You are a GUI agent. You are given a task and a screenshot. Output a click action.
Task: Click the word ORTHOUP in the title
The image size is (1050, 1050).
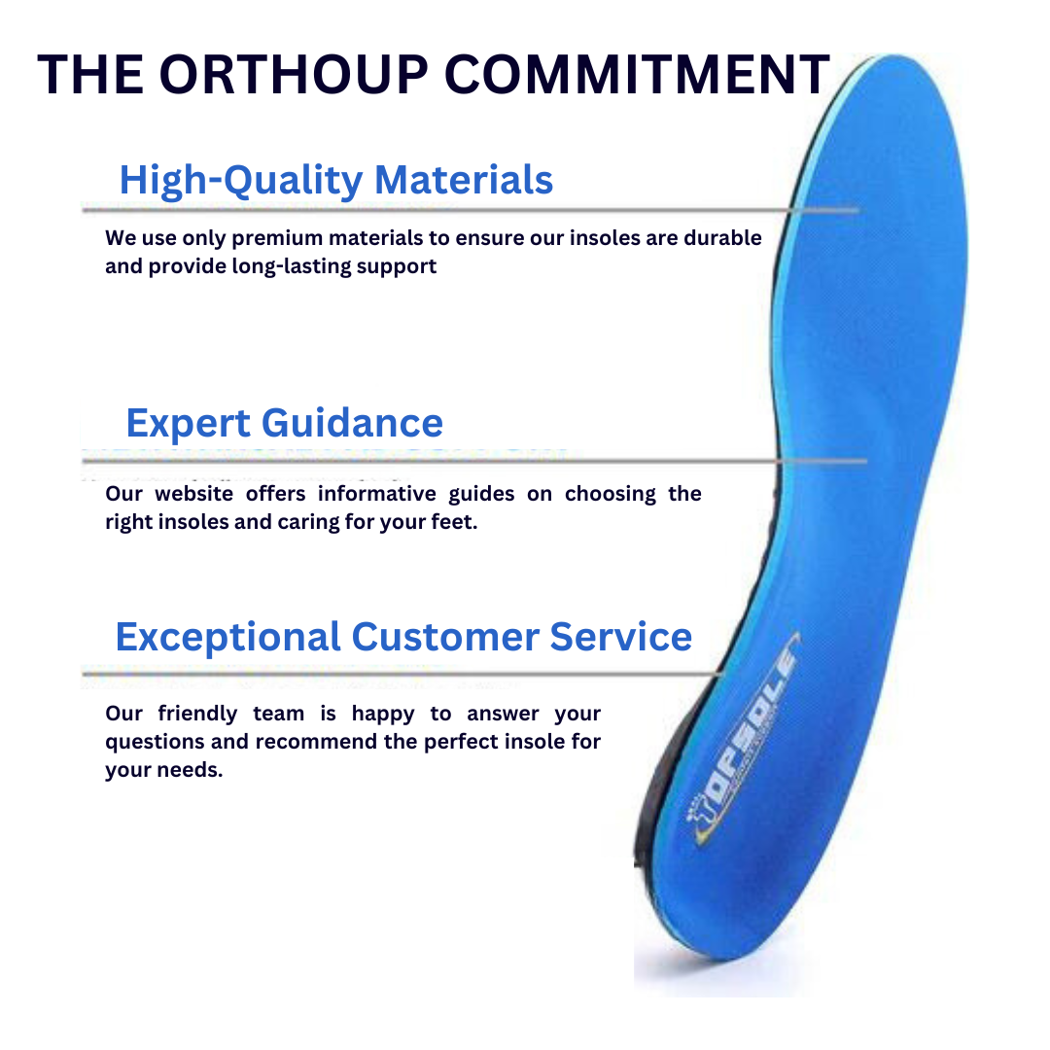click(294, 74)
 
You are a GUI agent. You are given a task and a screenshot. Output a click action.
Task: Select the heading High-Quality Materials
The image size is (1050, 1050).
click(336, 180)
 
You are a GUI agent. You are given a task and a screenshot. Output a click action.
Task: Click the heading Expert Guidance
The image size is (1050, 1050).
click(285, 423)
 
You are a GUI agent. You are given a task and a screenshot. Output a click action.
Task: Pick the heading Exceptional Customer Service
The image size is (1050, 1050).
click(403, 636)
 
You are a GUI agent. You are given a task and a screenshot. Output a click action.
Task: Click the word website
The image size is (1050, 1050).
click(193, 494)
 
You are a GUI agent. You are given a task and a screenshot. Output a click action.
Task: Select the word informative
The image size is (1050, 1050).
click(377, 494)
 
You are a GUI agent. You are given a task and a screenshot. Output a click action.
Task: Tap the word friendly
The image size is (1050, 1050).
click(197, 715)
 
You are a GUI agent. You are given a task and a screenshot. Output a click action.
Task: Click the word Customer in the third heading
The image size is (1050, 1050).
click(445, 636)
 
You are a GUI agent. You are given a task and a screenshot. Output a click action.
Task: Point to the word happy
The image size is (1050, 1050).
click(383, 715)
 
